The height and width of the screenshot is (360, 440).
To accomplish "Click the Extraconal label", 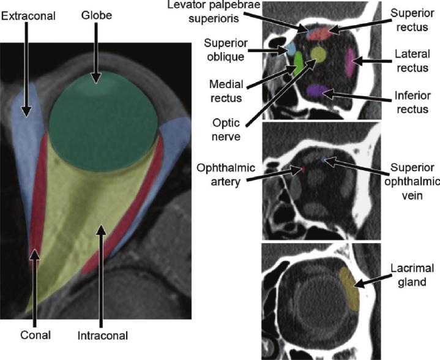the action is pos(28,16).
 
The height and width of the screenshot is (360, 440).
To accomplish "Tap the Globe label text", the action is pos(97,15).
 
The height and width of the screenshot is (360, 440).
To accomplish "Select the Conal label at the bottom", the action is pos(35,336).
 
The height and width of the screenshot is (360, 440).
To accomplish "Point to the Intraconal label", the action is pos(103,336).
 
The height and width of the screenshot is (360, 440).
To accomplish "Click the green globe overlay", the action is pos(103,121).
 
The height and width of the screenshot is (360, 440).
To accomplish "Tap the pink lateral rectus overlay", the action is pos(349,62).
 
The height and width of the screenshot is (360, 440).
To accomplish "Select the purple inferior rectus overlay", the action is pos(317,91).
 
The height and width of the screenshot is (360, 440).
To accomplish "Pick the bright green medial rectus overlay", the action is pos(298,64).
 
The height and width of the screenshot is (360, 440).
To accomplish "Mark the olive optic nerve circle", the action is pos(318,54).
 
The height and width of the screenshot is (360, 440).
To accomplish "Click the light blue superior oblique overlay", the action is pos(291,49).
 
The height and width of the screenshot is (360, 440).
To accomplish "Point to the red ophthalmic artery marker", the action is pos(302,169).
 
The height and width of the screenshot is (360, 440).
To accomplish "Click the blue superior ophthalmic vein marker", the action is pos(324,160).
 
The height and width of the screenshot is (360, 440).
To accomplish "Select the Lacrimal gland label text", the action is pos(412,275).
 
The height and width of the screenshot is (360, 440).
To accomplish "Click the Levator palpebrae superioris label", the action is pos(214,12).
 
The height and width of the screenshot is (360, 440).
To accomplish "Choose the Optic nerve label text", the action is pos(226,130).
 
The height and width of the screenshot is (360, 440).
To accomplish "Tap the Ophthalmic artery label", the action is pos(226,174).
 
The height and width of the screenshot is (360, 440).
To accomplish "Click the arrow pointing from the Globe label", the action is pos(96,53).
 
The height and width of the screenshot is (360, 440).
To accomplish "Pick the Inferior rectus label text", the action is pos(412,102).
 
